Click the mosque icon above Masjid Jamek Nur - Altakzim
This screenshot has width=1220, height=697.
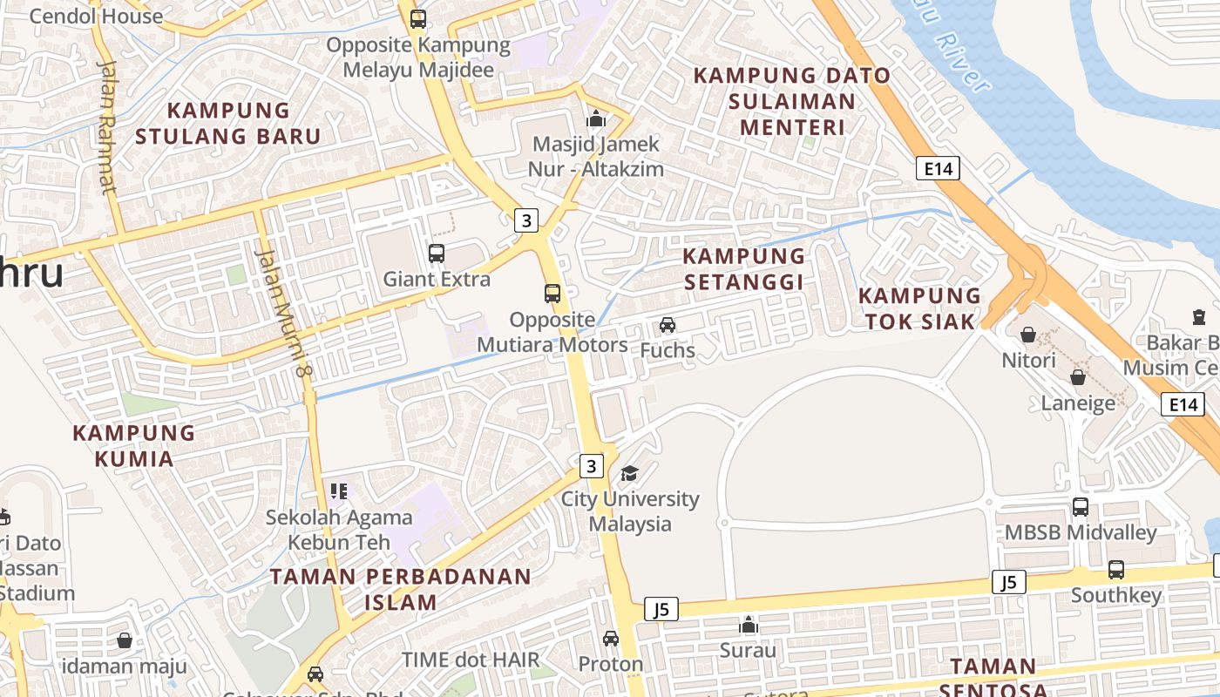[x=596, y=118]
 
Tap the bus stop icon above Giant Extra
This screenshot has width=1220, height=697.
[x=437, y=254]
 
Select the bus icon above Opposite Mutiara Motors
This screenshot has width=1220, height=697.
[x=552, y=294]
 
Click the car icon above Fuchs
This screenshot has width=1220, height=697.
[x=668, y=325]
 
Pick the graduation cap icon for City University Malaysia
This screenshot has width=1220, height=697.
[x=629, y=473]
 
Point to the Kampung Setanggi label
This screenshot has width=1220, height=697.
[x=743, y=268]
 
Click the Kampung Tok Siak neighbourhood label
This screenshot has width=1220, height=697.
[x=919, y=308]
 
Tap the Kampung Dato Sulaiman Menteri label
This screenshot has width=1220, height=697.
[x=792, y=101]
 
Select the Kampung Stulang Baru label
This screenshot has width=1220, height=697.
[x=228, y=123]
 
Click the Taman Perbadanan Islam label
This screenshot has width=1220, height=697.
[x=400, y=589]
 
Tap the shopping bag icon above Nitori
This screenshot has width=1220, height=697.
[x=1028, y=335]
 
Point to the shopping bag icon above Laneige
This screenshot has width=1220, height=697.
[x=1078, y=377]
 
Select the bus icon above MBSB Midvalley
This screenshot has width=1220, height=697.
[x=1081, y=506]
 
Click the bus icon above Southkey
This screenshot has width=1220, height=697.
[x=1116, y=570]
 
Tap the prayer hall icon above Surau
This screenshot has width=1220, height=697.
[x=748, y=625]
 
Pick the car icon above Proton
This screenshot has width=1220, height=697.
[x=611, y=638]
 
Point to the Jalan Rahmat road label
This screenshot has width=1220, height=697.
[x=106, y=126]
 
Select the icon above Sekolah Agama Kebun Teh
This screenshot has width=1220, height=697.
[x=339, y=491]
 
